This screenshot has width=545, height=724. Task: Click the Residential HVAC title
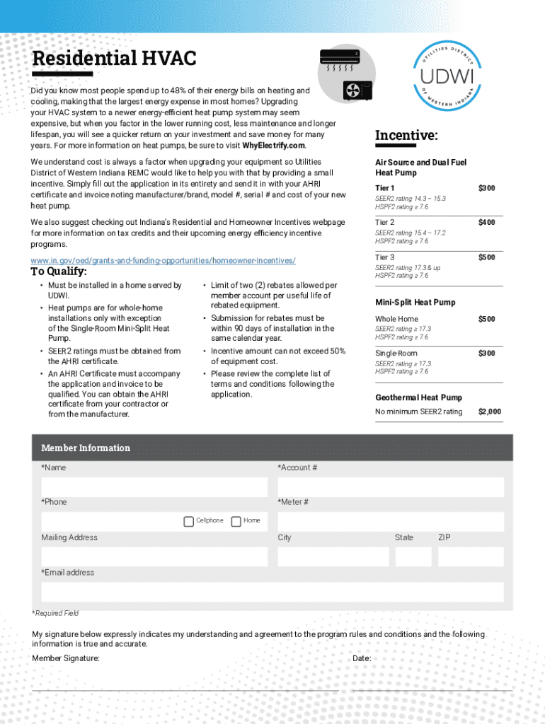(114, 58)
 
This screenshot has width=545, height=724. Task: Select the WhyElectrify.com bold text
(274, 146)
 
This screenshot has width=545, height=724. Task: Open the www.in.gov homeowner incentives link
(163, 260)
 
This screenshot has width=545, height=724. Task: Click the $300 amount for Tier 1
(486, 187)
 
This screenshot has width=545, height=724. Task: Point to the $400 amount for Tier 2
(486, 223)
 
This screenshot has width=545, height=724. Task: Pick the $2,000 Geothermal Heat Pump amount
(489, 411)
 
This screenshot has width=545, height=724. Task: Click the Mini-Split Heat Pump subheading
(415, 303)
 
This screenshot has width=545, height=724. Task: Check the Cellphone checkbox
(188, 521)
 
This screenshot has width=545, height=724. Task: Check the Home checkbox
(236, 521)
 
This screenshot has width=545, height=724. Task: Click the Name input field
(154, 487)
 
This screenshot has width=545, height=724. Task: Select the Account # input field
(391, 487)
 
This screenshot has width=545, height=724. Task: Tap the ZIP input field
(471, 556)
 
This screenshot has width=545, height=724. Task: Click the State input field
(413, 556)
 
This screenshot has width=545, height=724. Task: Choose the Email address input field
(272, 592)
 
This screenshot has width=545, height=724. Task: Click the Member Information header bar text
(86, 448)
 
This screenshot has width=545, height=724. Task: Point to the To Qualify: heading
(59, 272)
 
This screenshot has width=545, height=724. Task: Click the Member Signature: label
(66, 658)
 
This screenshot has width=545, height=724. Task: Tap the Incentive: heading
(406, 135)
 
